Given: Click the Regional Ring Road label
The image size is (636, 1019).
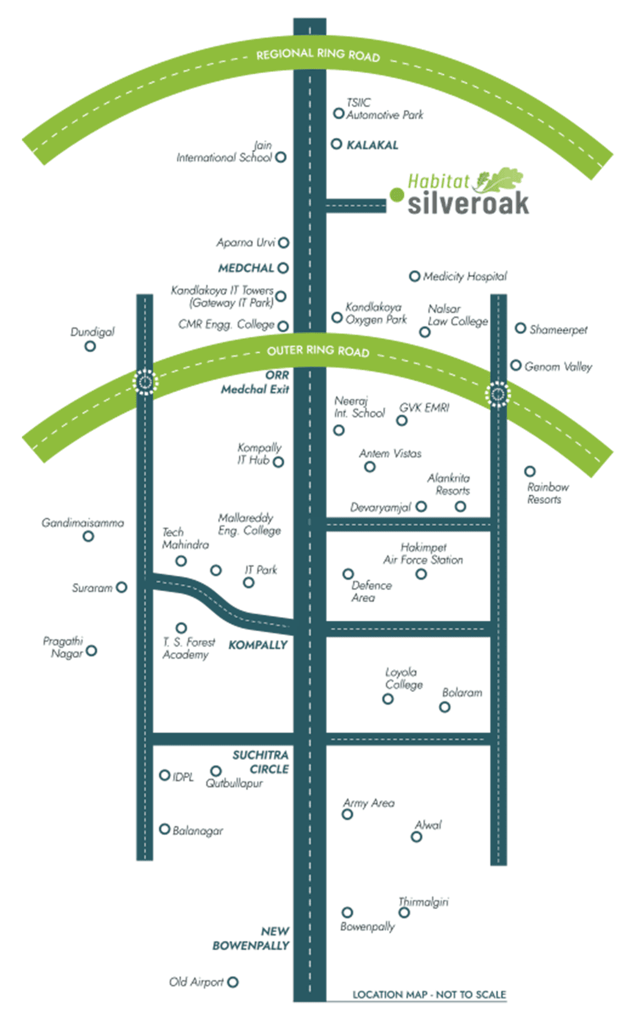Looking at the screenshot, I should click(x=318, y=55).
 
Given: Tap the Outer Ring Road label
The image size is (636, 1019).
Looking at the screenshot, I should click(x=318, y=351).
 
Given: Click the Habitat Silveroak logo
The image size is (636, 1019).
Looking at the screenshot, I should click(x=467, y=194).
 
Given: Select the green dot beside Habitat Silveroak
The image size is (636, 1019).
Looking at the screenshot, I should click(x=397, y=195).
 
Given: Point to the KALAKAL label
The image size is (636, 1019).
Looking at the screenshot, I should click(x=372, y=145).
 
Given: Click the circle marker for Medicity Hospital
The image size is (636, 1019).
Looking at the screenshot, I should click(x=414, y=277).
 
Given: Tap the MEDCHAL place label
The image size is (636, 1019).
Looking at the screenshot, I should click(x=246, y=268).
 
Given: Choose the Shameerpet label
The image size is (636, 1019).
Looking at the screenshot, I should click(x=558, y=330).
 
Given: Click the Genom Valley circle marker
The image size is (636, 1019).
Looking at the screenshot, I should click(x=516, y=365).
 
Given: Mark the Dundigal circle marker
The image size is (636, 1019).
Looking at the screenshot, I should click(x=90, y=346).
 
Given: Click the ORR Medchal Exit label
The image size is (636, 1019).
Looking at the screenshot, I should click(x=255, y=382).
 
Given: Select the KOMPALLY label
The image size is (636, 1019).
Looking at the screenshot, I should click(x=258, y=645).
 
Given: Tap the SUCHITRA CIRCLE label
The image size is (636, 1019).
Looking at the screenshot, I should click(x=261, y=762).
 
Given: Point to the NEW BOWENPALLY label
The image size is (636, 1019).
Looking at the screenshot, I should click(x=251, y=938).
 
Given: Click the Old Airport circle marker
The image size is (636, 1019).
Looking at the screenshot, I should click(x=233, y=982).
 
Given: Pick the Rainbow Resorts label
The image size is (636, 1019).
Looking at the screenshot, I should click(x=547, y=493).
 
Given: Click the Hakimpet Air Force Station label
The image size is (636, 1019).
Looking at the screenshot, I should click(x=423, y=553).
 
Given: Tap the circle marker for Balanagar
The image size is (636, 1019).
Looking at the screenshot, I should click(x=164, y=829).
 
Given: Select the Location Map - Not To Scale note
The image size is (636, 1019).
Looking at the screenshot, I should click(x=429, y=995).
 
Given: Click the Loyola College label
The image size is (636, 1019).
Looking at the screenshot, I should click(x=404, y=678).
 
